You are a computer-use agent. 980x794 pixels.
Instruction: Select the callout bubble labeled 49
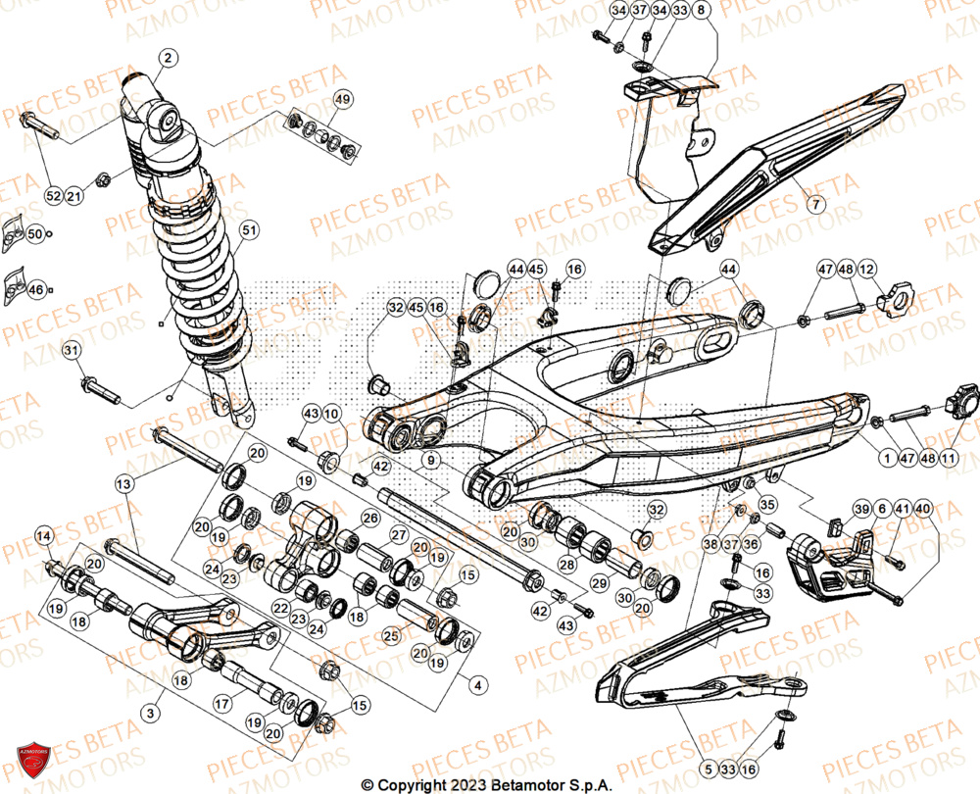pyautogui.click(x=341, y=99)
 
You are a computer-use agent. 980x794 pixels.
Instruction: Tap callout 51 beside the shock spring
pyautogui.click(x=249, y=230)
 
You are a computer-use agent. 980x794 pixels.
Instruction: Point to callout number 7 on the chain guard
pyautogui.click(x=817, y=204)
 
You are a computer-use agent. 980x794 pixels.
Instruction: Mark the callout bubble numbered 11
pyautogui.click(x=949, y=457)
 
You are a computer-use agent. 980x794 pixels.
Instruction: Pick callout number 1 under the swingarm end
pyautogui.click(x=886, y=457)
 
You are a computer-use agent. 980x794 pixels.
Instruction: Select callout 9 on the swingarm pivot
pyautogui.click(x=431, y=458)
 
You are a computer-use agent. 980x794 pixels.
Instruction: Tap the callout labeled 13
pyautogui.click(x=123, y=484)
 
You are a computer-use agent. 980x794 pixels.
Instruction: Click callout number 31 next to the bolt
pyautogui.click(x=71, y=350)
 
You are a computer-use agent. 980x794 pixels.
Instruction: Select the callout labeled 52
pyautogui.click(x=52, y=196)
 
